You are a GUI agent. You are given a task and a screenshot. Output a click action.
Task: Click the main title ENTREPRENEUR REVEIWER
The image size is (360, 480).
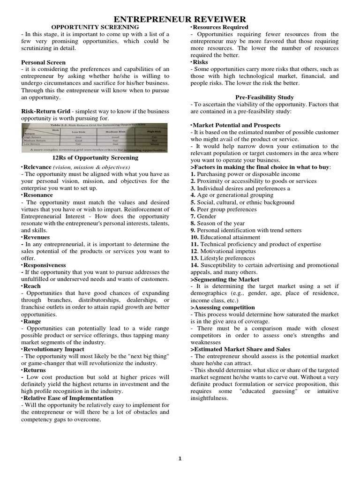[x=180, y=19]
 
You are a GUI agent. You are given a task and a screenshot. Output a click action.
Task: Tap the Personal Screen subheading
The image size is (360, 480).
[x=44, y=62]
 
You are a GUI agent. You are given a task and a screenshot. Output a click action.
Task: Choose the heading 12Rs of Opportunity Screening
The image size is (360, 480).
[x=95, y=158]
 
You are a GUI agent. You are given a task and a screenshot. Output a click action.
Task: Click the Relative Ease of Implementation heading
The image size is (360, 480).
[x=68, y=398]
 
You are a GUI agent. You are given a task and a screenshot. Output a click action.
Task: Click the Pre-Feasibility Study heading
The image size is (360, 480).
[x=264, y=97]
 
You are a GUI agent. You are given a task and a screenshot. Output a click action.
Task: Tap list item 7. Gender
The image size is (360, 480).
[x=203, y=217]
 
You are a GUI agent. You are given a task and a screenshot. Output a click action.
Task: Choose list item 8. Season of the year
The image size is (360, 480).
[x=217, y=224]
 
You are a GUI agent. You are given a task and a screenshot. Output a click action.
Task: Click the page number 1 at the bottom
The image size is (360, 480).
[x=180, y=458]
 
